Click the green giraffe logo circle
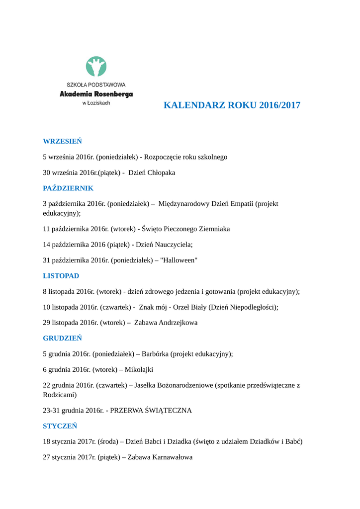[96, 67]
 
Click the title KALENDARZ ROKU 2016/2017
[232, 105]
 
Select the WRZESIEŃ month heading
[62, 141]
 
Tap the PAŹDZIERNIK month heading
[68, 188]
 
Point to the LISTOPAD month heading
[61, 276]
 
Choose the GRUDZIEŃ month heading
[63, 339]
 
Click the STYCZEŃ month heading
[60, 426]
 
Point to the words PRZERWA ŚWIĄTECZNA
[151, 411]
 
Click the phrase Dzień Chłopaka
[152, 173]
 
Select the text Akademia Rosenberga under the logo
[96, 94]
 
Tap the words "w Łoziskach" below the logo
[96, 103]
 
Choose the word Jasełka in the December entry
[153, 385]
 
